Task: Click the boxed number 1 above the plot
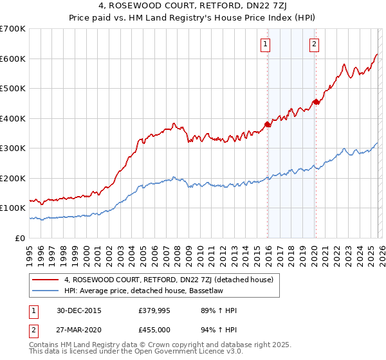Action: coord(265,44)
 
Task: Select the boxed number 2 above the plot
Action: coord(313,44)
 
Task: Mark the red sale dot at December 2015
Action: coord(268,125)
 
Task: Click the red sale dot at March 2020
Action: coord(316,102)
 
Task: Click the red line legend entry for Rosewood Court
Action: coord(169,280)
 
